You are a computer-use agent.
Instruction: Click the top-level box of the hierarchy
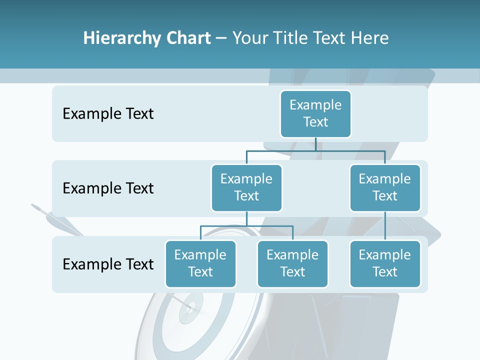click(x=315, y=113)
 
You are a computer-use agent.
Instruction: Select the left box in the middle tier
click(x=246, y=187)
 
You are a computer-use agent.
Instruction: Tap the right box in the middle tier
click(x=385, y=187)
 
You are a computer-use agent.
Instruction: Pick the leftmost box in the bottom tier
click(x=200, y=263)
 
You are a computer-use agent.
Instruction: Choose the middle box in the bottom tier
click(x=292, y=263)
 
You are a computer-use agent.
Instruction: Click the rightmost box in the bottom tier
click(x=385, y=263)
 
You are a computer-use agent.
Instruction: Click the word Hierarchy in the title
click(x=120, y=38)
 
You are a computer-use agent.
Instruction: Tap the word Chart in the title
click(x=187, y=38)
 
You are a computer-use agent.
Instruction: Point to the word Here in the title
click(x=370, y=38)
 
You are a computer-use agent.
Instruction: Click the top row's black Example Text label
click(x=108, y=114)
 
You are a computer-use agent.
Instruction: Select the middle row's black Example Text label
click(x=108, y=188)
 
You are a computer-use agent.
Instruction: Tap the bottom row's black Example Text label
click(x=108, y=264)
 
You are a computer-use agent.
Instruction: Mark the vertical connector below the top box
click(x=315, y=144)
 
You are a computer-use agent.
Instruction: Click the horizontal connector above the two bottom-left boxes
click(x=246, y=226)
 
